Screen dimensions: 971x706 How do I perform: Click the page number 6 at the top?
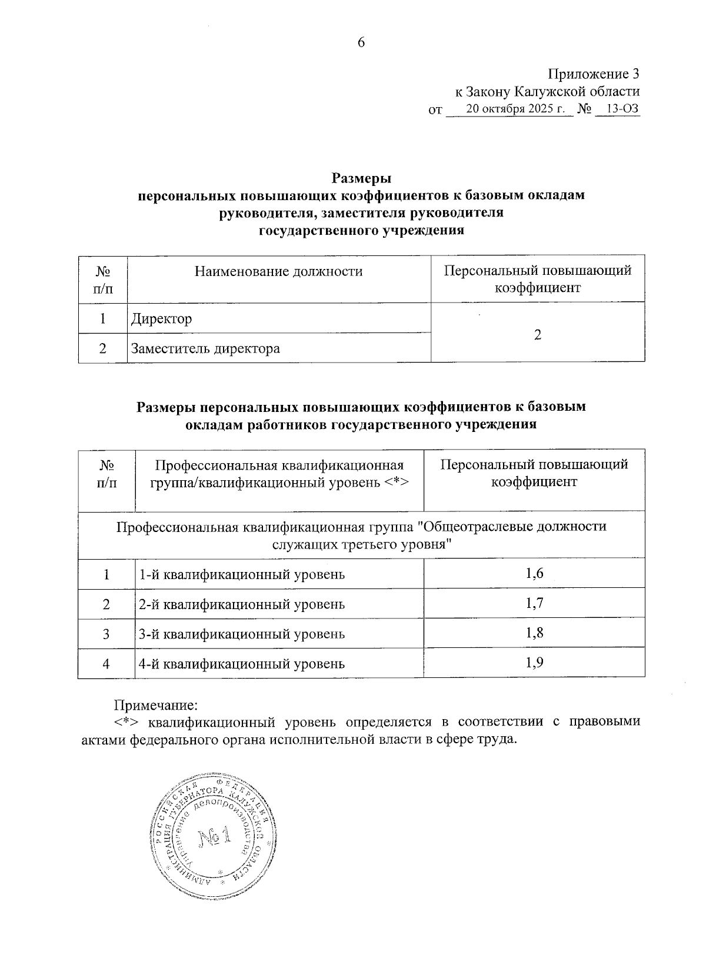pos(361,42)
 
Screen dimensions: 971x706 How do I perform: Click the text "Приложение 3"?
pos(593,74)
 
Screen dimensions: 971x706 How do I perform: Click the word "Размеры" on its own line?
pos(361,178)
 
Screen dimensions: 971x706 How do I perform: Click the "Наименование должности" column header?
pos(278,271)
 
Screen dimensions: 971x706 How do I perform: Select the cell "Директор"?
pos(162,319)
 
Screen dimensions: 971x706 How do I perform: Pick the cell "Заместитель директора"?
pos(205,348)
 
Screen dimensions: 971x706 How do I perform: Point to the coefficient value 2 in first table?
pos(537,334)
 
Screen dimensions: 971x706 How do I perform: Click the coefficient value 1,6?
pos(534,574)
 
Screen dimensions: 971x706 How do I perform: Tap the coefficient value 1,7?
pos(534,604)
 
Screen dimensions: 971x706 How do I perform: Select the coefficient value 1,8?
pos(534,633)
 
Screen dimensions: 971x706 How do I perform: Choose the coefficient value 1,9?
pos(534,663)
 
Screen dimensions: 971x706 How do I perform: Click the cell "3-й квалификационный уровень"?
pos(241,634)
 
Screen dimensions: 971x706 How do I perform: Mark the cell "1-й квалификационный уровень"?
pos(241,575)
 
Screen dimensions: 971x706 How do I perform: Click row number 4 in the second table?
pos(106,664)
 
